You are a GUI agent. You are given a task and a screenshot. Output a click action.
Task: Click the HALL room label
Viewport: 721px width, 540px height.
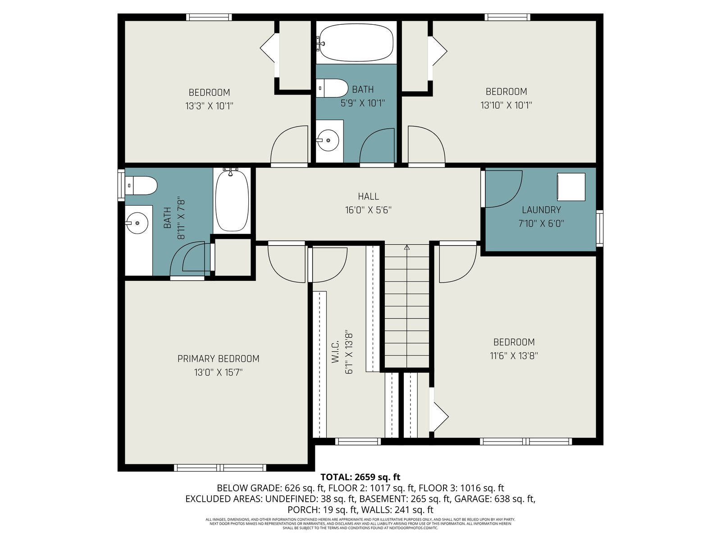(x=368, y=196)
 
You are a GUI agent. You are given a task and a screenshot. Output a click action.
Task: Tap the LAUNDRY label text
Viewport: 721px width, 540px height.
(x=541, y=210)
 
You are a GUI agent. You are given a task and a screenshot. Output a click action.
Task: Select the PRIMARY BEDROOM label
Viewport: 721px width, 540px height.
(x=218, y=359)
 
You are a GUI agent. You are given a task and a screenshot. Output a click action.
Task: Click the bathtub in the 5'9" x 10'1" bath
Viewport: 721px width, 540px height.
(x=356, y=43)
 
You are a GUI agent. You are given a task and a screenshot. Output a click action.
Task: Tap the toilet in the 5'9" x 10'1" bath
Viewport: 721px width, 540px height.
(x=332, y=88)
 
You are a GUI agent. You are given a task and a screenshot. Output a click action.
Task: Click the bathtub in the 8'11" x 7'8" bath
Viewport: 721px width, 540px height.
(x=232, y=201)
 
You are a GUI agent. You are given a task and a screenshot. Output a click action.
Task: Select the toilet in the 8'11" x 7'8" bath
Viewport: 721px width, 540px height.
(x=141, y=185)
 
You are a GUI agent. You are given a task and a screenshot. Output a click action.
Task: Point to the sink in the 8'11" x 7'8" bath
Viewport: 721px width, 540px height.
(x=137, y=223)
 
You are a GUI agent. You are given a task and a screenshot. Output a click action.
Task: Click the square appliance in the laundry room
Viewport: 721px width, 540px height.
(x=571, y=187)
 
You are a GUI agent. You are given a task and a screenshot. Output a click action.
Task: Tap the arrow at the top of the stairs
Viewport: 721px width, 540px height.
(x=407, y=248)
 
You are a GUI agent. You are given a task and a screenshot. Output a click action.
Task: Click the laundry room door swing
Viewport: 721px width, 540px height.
(x=504, y=189)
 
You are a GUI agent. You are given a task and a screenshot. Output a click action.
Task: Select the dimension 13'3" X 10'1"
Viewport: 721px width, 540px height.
(x=209, y=106)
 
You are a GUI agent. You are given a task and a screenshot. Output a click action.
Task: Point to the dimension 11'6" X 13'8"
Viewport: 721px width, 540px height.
(x=514, y=356)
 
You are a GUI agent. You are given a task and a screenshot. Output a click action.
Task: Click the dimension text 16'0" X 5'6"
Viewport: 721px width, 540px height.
(x=368, y=210)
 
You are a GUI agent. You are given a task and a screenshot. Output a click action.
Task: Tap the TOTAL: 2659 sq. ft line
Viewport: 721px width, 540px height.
(x=360, y=477)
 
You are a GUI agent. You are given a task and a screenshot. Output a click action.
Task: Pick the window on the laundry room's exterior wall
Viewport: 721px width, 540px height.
(x=599, y=228)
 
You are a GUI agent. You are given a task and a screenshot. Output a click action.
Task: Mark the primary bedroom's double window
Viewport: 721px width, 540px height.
(x=220, y=468)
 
